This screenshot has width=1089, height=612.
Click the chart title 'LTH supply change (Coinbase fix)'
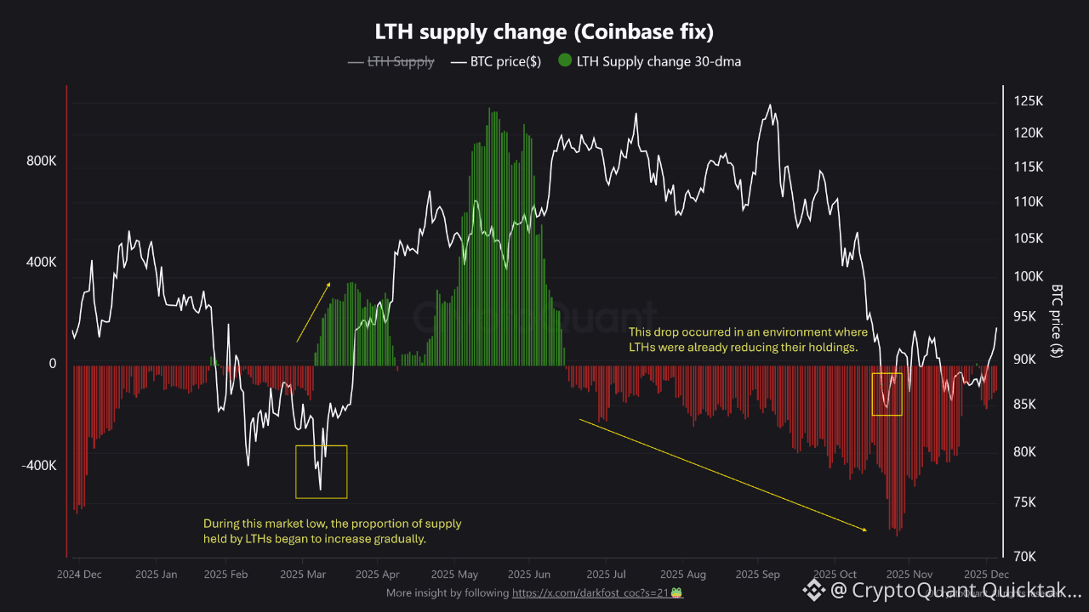(544, 32)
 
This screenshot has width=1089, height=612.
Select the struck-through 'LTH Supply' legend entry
(401, 61)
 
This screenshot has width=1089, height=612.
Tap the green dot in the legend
(565, 61)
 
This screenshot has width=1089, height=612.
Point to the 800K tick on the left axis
(40, 161)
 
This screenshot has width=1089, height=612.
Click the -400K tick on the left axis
(38, 466)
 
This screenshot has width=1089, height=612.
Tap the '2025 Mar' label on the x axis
(303, 575)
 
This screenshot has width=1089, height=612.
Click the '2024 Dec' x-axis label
(79, 575)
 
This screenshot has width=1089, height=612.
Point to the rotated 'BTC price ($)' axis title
(1058, 322)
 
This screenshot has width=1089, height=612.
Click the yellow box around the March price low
(321, 472)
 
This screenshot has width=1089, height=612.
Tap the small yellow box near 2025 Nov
(887, 394)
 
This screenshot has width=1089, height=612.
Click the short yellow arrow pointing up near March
(313, 312)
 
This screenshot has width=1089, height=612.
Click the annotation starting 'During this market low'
(332, 531)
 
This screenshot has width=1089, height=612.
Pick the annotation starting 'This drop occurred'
(748, 339)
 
